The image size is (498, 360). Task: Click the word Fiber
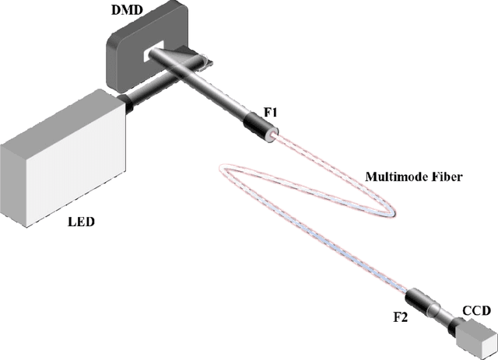pos(447,177)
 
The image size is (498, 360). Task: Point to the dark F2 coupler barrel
pos(423,299)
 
